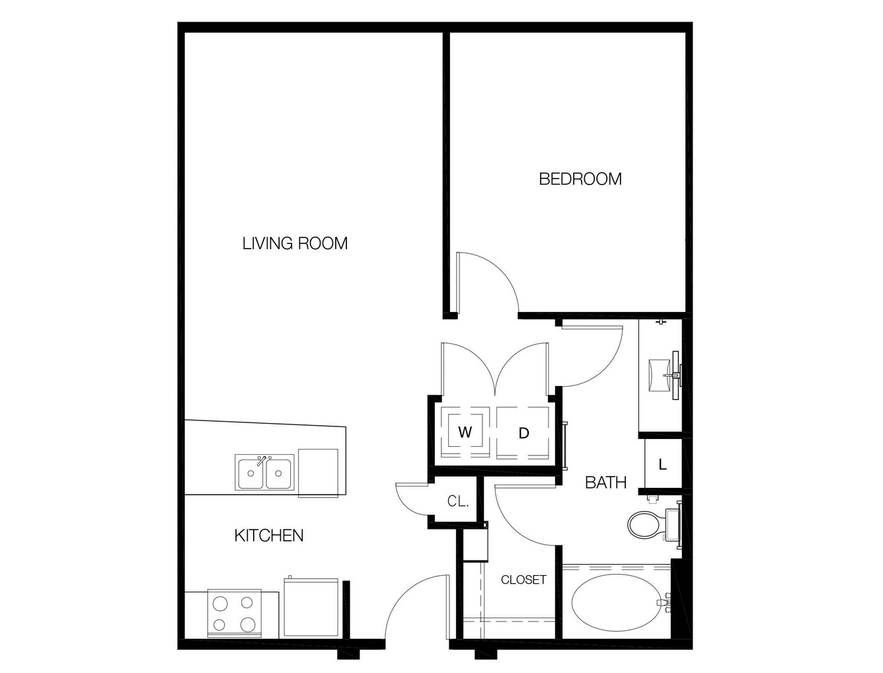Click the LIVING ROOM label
click(295, 243)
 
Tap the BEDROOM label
click(580, 179)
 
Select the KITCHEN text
click(269, 535)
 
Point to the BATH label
click(605, 483)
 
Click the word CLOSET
click(523, 580)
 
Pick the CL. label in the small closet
click(458, 501)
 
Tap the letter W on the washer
click(465, 432)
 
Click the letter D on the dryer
click(523, 433)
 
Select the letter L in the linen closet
click(662, 465)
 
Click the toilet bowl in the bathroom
click(643, 524)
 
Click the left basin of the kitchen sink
click(250, 473)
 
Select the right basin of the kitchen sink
click(278, 473)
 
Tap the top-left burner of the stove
click(220, 604)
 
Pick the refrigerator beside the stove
click(311, 608)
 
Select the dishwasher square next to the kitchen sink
click(318, 473)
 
